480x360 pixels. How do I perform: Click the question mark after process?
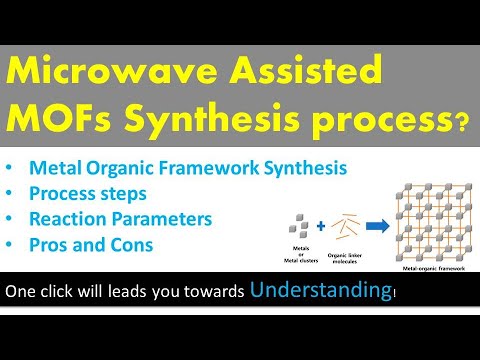tap(462, 124)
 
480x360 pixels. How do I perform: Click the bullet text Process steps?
tap(89, 191)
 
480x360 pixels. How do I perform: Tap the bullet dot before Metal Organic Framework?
tap(12, 168)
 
